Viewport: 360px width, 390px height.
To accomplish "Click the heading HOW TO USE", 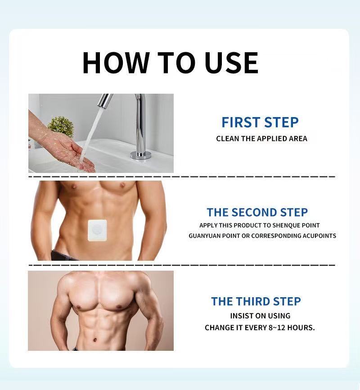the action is tap(170, 63).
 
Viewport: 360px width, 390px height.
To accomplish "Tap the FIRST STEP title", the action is tap(260, 122).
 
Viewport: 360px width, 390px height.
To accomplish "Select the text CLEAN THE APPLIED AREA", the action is tap(261, 139).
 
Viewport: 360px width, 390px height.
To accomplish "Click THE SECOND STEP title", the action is tap(257, 213).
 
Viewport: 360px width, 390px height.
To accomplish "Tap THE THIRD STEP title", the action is tap(256, 301).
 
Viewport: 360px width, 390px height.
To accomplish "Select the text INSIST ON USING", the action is tap(260, 316).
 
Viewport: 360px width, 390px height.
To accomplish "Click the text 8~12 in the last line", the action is tap(277, 327).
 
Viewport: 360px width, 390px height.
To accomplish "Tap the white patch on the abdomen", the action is tap(97, 230).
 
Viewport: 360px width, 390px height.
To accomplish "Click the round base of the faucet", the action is tap(141, 155).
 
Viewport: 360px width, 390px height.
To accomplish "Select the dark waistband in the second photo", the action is tap(65, 256).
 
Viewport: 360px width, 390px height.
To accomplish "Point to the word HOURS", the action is tap(301, 327).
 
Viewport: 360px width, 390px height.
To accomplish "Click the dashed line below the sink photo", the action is tap(182, 177).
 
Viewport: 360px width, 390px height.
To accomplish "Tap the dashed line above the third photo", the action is tap(182, 265).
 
